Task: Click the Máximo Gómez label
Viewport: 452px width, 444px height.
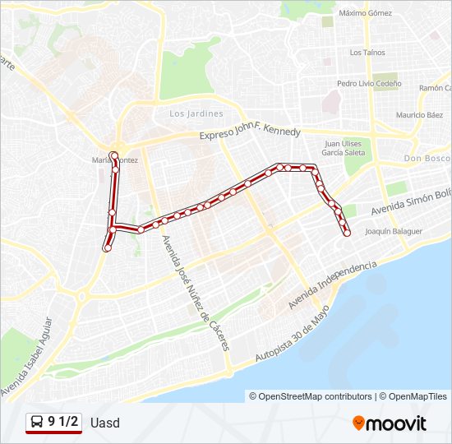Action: [365, 13]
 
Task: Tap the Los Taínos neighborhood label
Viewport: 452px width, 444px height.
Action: [367, 53]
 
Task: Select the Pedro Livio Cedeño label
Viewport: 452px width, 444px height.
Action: [369, 84]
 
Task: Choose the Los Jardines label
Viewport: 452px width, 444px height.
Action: [196, 113]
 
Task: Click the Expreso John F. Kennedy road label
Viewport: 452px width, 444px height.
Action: [251, 133]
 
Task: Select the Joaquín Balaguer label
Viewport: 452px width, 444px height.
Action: [394, 232]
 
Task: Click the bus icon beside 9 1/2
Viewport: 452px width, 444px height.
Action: [38, 423]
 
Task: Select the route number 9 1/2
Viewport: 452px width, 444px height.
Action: [63, 423]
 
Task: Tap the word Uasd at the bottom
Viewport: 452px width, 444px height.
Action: [105, 423]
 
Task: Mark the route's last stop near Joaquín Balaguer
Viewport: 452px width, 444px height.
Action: [347, 234]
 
